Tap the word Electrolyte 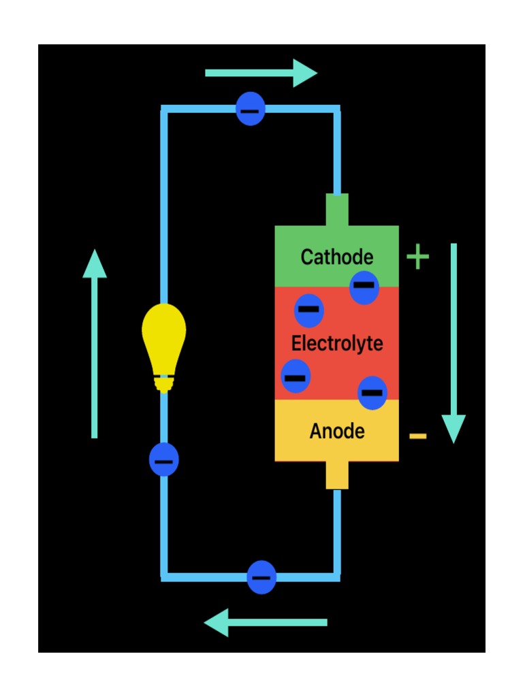(337, 343)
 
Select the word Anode (337, 432)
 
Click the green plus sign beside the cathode (417, 258)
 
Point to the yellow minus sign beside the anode (418, 436)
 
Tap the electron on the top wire (251, 109)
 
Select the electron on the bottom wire (261, 577)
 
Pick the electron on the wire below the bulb (163, 459)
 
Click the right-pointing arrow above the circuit (261, 73)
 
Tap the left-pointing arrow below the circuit (266, 622)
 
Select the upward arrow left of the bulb (95, 344)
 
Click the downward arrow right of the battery (454, 344)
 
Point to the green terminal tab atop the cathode (337, 210)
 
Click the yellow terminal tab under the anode (337, 475)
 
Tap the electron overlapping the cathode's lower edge (364, 287)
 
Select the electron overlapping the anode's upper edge (373, 393)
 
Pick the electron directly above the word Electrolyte (308, 310)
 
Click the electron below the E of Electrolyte (296, 376)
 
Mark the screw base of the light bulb (163, 383)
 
